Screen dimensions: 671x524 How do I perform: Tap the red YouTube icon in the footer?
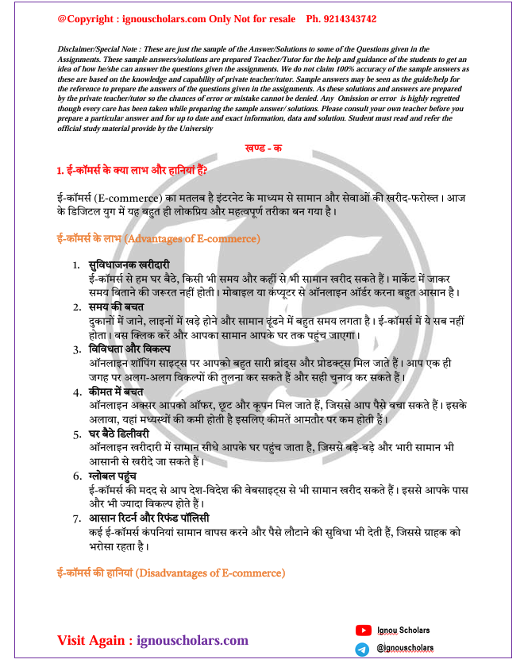point(363,630)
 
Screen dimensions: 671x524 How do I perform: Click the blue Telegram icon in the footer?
point(363,649)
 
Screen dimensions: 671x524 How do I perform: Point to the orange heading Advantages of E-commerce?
point(159,238)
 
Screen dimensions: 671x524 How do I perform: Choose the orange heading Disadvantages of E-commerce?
point(171,572)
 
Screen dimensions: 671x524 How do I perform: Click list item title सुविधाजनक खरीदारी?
point(129,264)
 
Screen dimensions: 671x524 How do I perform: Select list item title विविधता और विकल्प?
point(129,349)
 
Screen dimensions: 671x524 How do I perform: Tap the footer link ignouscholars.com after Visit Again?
point(192,640)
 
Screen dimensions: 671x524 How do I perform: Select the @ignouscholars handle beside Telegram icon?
point(405,648)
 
